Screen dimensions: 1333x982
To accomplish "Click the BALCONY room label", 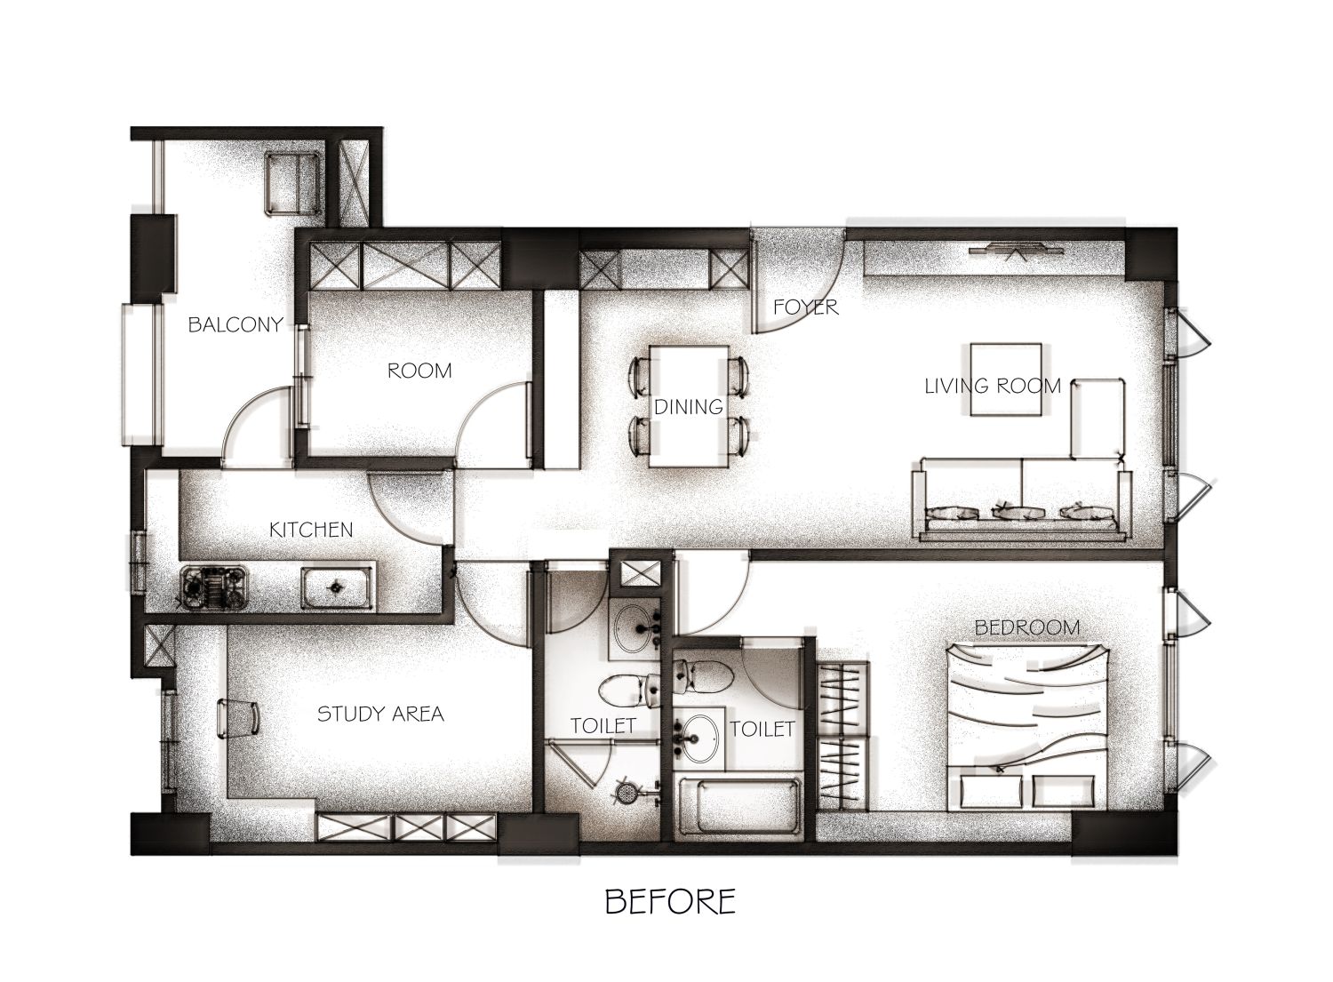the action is coord(235,324).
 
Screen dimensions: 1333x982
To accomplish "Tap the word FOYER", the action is coord(806,307).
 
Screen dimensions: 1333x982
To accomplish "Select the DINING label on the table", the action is coord(689,407).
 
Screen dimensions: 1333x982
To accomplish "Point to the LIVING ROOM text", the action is coord(993,387).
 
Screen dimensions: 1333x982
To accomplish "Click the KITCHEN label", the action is coord(311,530).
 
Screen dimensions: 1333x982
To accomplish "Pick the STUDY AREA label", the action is coord(381,714).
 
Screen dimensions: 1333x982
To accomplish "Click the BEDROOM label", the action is coord(1027,627).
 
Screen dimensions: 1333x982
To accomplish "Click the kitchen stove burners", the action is coord(214,587).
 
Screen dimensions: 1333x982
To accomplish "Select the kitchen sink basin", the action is coord(338,588).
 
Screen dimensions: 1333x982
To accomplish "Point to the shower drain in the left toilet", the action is coord(624,792).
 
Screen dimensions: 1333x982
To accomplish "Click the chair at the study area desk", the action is coord(238,719).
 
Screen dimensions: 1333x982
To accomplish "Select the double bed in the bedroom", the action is coord(1027,726).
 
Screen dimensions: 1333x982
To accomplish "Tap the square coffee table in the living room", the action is coord(1006,379).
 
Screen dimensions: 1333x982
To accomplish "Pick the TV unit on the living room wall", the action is coord(1015,251).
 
